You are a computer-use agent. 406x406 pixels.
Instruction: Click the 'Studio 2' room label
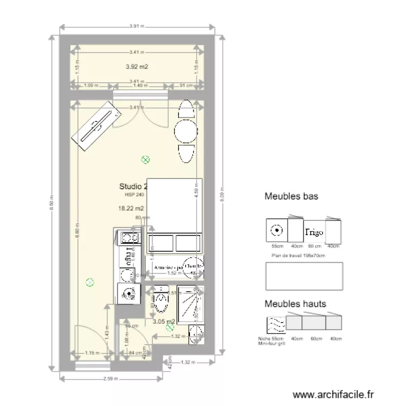(x=133, y=187)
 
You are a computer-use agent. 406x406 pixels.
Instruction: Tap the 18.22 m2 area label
(x=132, y=208)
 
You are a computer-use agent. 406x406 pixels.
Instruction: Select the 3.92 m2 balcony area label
(x=136, y=67)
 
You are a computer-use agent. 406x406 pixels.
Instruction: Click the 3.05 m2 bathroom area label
(x=163, y=321)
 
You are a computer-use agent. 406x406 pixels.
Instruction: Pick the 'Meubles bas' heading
(x=291, y=197)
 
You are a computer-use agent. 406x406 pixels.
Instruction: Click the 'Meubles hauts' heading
(x=295, y=304)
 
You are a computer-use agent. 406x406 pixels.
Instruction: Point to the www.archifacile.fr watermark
(x=333, y=395)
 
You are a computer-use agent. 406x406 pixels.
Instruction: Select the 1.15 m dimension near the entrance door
(x=92, y=353)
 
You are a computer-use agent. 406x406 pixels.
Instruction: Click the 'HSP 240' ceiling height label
(x=134, y=194)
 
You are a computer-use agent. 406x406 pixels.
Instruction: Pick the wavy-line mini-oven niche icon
(x=274, y=324)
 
